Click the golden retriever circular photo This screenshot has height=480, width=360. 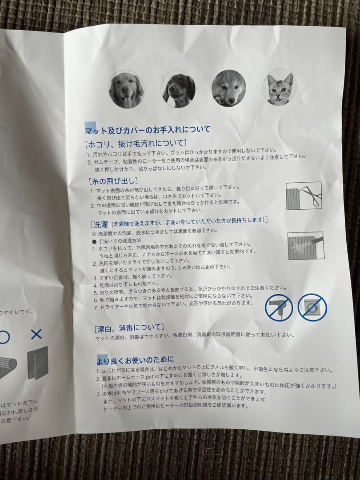[x=126, y=89]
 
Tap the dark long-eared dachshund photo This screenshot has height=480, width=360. [x=178, y=88]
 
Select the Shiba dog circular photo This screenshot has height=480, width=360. [x=229, y=88]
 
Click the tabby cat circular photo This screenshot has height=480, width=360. [x=279, y=87]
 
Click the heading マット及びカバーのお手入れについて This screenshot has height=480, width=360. [x=148, y=130]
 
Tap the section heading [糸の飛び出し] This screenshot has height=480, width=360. [x=113, y=181]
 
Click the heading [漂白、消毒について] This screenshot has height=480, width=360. [x=129, y=328]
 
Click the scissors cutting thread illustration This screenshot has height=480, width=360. [x=304, y=196]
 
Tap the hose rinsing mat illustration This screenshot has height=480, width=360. [x=305, y=246]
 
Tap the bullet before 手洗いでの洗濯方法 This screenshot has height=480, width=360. [x=94, y=240]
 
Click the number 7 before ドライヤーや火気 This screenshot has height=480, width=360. [x=95, y=307]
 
